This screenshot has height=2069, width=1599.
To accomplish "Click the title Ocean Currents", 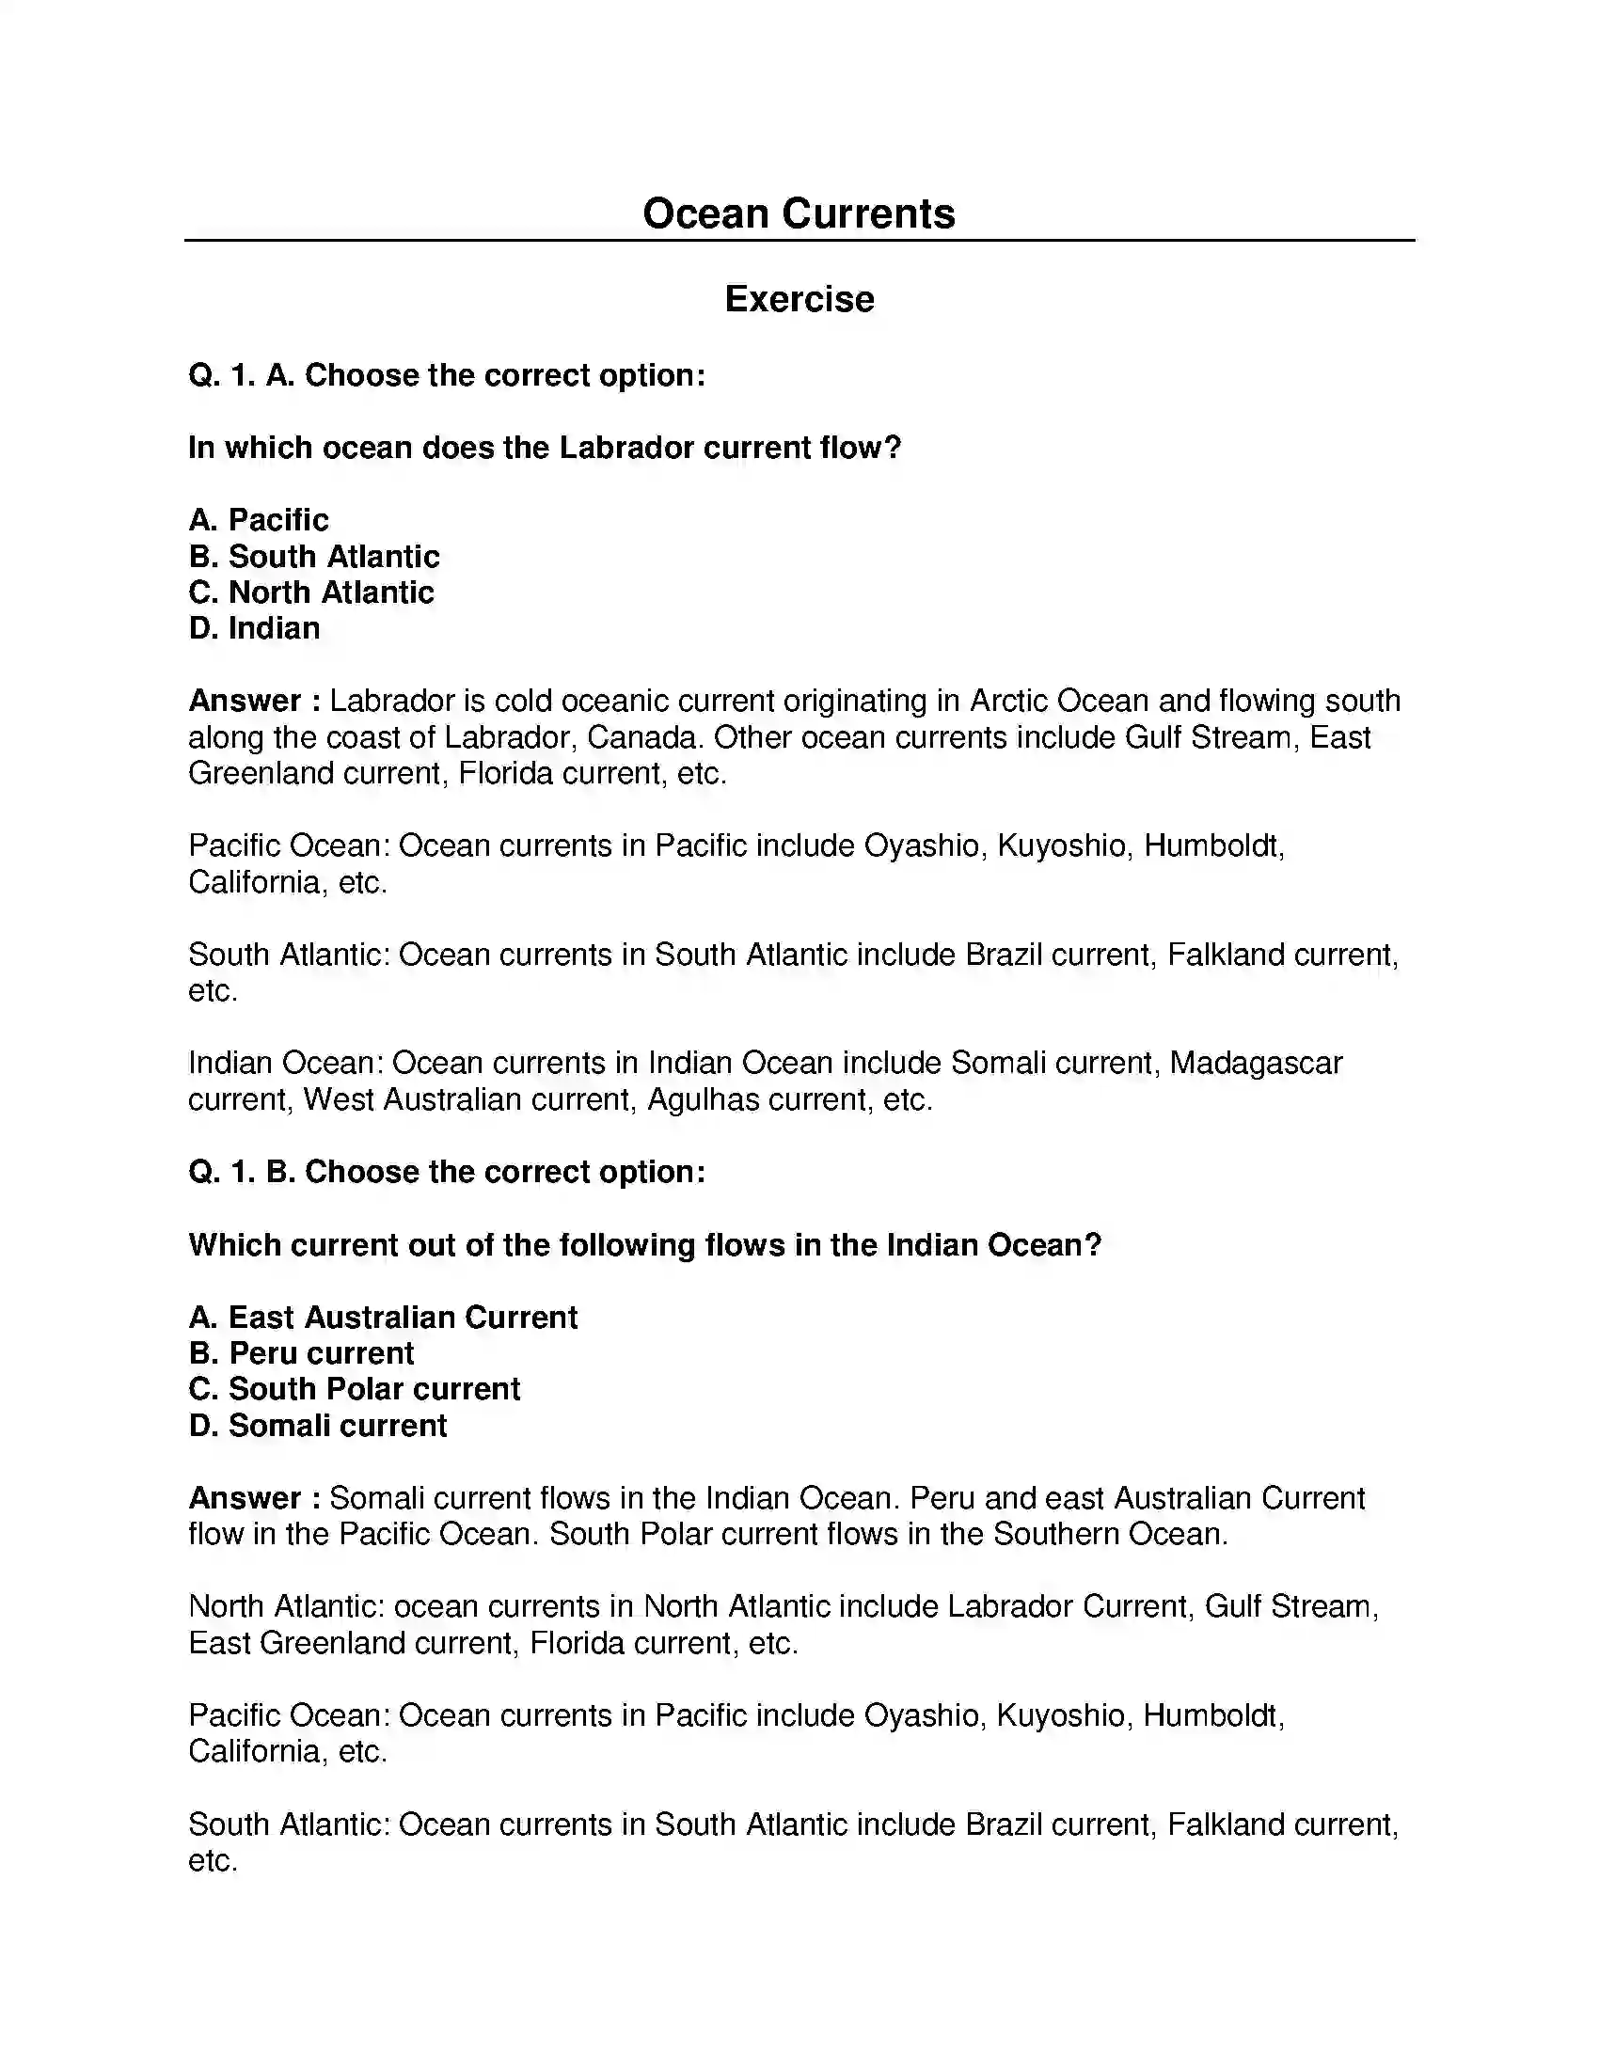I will coord(799,213).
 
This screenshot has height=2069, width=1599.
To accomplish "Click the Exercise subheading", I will coord(799,299).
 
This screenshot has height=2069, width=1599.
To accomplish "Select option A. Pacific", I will coord(259,520).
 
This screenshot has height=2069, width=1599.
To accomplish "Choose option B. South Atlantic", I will coord(314,556).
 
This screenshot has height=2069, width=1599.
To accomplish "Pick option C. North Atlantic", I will coord(311,592).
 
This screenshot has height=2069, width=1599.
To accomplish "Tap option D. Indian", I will coord(254,628).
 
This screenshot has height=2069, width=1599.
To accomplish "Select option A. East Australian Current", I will coord(383,1317).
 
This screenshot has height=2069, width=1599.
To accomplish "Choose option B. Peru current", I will coord(301,1352).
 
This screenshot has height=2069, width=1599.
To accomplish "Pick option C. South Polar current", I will coord(355,1389).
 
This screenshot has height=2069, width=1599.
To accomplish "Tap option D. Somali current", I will coord(317,1425).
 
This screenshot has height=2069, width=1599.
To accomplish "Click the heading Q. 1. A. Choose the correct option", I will coord(447,375).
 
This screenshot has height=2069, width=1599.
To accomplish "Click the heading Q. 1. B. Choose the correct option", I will coord(447,1172).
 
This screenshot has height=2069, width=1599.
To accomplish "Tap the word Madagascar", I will coord(1255,1063).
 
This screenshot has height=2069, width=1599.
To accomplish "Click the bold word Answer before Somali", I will coord(245,1498).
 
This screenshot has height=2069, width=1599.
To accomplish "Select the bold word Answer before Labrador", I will coord(245,701).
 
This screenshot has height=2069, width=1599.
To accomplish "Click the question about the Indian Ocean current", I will coord(644,1245).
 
